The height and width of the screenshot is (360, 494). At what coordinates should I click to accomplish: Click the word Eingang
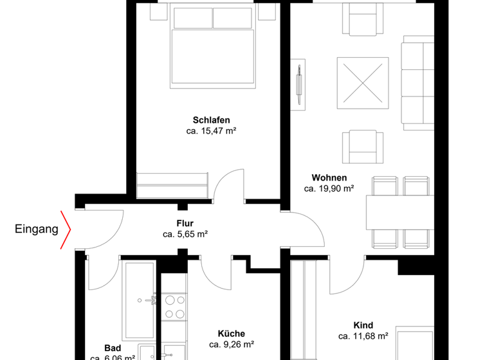point(37,228)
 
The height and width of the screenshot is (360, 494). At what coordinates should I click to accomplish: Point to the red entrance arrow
point(65,230)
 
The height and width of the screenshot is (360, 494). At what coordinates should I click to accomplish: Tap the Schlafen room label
point(211,120)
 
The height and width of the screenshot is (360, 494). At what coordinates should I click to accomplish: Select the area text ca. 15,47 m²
point(211,130)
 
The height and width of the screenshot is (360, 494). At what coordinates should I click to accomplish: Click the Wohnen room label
point(329,178)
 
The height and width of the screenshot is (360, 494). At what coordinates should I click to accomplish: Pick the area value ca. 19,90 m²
point(329,189)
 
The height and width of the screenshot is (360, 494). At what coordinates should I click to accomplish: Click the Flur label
point(185,224)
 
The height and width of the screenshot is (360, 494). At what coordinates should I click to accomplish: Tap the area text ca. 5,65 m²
point(185,235)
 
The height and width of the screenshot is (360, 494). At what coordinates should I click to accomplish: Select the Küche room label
point(231,334)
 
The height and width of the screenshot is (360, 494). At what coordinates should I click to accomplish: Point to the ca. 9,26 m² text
point(231,345)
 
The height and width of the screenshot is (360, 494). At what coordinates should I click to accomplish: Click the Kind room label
point(363,325)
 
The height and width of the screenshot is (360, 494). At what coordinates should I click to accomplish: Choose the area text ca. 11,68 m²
point(363,336)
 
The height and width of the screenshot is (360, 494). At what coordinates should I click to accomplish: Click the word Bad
point(113,347)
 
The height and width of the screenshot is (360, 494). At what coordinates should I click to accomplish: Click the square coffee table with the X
point(363,83)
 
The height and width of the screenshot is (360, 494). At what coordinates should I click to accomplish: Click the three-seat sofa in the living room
point(417,84)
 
